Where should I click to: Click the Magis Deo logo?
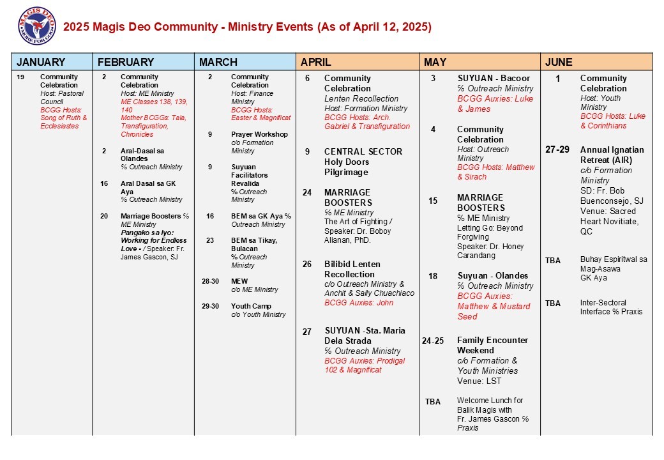click(37, 26)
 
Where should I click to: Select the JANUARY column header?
click(41, 62)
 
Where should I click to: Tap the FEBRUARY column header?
click(125, 62)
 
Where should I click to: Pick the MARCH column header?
click(218, 62)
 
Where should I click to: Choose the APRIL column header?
click(316, 62)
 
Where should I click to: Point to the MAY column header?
click(435, 62)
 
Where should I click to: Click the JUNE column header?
click(559, 62)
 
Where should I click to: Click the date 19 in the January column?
click(21, 77)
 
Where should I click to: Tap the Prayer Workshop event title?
click(259, 134)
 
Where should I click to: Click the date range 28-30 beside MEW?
click(210, 281)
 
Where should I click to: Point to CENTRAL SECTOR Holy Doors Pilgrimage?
click(363, 157)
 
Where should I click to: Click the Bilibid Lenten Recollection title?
click(352, 269)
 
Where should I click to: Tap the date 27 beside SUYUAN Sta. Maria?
click(307, 331)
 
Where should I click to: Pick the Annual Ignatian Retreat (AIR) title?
click(612, 155)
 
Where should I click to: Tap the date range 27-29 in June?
click(557, 149)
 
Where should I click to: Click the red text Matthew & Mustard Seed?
click(494, 311)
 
